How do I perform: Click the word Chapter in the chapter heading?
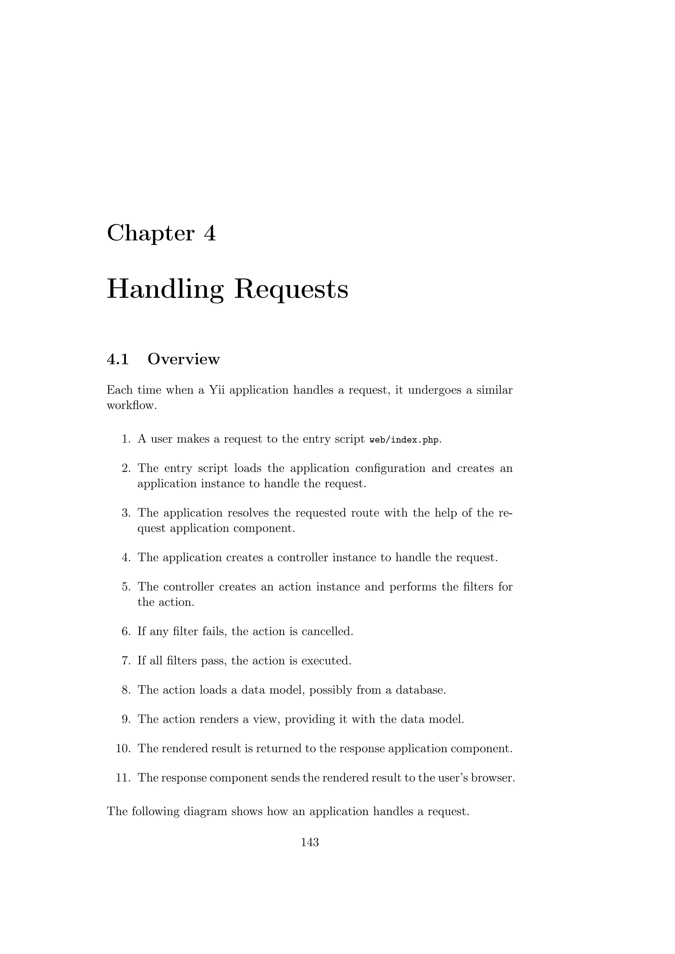(x=151, y=234)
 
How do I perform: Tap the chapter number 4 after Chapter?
(x=210, y=234)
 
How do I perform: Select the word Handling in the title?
(x=165, y=290)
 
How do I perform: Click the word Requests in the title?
(x=291, y=290)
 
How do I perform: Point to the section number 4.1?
(x=118, y=359)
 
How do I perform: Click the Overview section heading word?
(x=183, y=359)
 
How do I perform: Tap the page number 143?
(x=310, y=842)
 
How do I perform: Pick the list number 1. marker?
(x=126, y=439)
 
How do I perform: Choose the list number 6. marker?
(x=126, y=631)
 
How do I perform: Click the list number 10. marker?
(x=124, y=748)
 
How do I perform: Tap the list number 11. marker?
(x=124, y=777)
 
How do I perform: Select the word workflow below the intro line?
(x=132, y=406)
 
